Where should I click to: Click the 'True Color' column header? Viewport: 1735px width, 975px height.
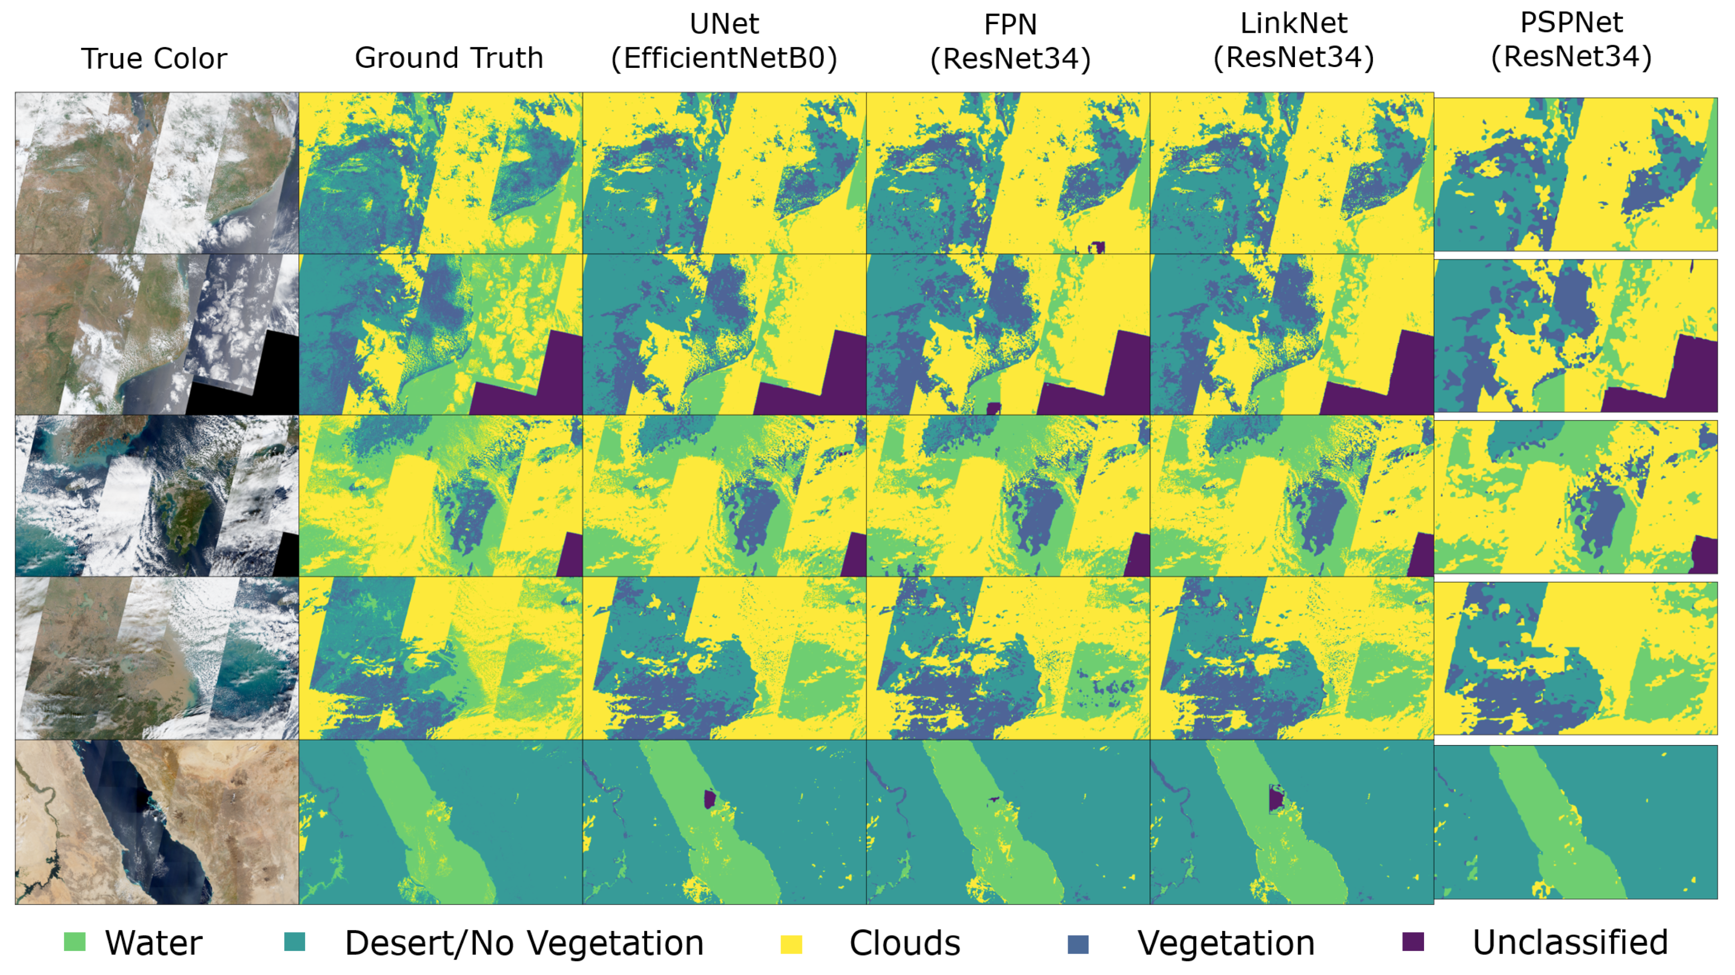coord(154,59)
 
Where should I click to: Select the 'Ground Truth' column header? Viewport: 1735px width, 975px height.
coord(449,58)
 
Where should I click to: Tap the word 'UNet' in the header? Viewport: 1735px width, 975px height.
coord(724,24)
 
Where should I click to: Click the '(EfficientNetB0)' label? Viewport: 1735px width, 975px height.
coord(724,59)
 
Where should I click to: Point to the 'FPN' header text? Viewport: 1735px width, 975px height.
coord(1010,25)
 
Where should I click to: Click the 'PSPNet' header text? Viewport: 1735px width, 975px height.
coord(1571,23)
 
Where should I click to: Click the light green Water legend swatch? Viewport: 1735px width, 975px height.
coord(75,942)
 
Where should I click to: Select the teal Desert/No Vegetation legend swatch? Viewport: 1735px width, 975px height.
coord(294,942)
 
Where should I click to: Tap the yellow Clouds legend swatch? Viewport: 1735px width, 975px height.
coord(791,944)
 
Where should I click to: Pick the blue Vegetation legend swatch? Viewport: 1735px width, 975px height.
coord(1078,944)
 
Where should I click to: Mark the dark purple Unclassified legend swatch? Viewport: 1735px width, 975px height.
coord(1412,942)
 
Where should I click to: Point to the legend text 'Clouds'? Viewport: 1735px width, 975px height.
coord(904,943)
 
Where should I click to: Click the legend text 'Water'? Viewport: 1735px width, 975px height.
coord(154,943)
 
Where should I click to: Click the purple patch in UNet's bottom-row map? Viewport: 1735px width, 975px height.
coord(709,799)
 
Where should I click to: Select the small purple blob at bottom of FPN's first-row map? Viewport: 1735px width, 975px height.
coord(1096,247)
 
